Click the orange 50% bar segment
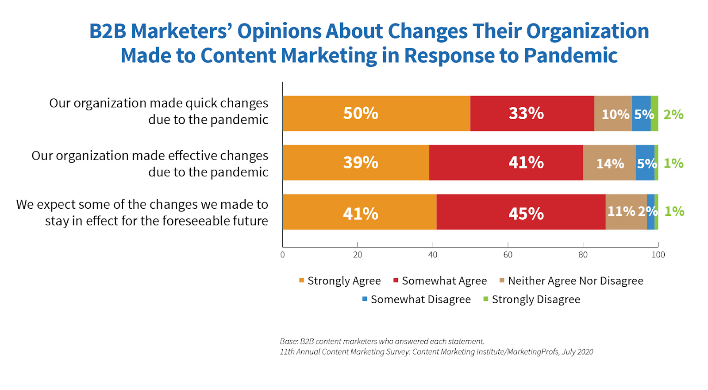[376, 113]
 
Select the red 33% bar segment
[532, 113]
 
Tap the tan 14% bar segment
[609, 163]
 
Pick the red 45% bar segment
[521, 212]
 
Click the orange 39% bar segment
[356, 163]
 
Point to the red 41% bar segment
[506, 163]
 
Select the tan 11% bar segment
[626, 212]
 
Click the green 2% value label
[673, 115]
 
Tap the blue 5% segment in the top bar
[641, 113]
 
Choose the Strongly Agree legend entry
[340, 281]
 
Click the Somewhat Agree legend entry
[440, 281]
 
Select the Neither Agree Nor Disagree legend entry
[571, 281]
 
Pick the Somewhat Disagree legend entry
[416, 300]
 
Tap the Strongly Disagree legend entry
[531, 300]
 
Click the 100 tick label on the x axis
[658, 254]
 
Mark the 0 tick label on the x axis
[283, 254]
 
